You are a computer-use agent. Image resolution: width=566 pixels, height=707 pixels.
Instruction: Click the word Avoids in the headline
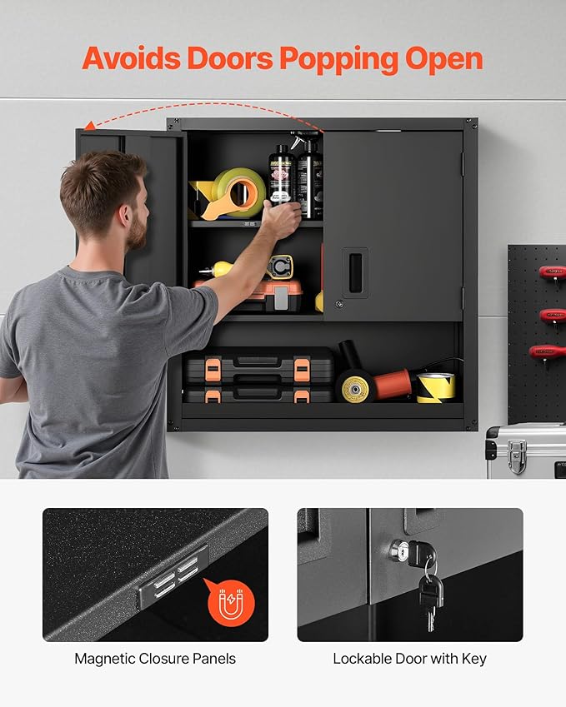[x=131, y=58]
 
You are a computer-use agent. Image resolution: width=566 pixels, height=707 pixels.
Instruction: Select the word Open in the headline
[x=444, y=58]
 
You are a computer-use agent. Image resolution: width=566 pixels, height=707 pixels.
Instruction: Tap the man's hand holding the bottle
[x=282, y=219]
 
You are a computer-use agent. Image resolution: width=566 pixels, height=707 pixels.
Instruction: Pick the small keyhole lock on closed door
[x=338, y=305]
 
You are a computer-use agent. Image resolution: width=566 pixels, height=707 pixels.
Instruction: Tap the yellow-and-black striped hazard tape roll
[x=436, y=386]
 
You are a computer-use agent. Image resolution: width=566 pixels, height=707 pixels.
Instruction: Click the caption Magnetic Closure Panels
[x=155, y=659]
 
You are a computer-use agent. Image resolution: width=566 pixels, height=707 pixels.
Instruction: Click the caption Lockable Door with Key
[x=409, y=659]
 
